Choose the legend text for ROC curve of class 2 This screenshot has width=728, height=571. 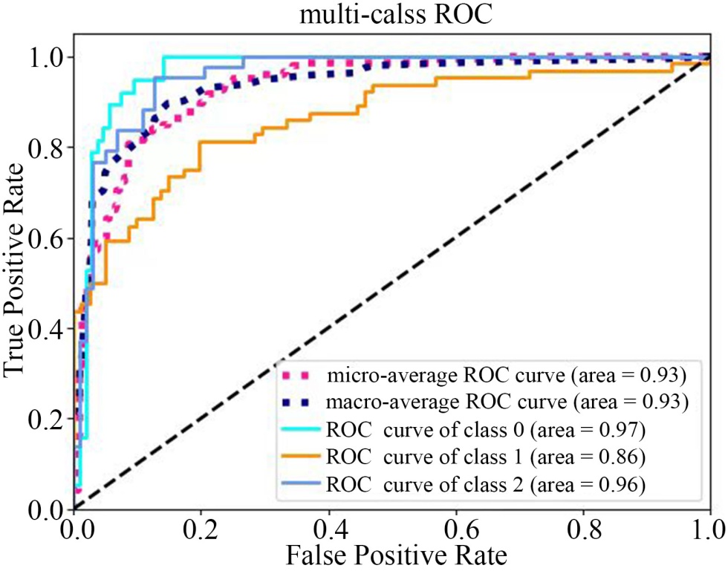[x=485, y=486]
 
